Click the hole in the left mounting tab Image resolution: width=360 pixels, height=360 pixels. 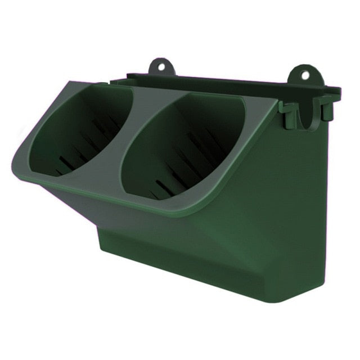click(161, 66)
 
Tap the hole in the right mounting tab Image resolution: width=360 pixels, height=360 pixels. click(305, 74)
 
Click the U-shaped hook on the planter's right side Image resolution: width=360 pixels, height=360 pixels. click(306, 112)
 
